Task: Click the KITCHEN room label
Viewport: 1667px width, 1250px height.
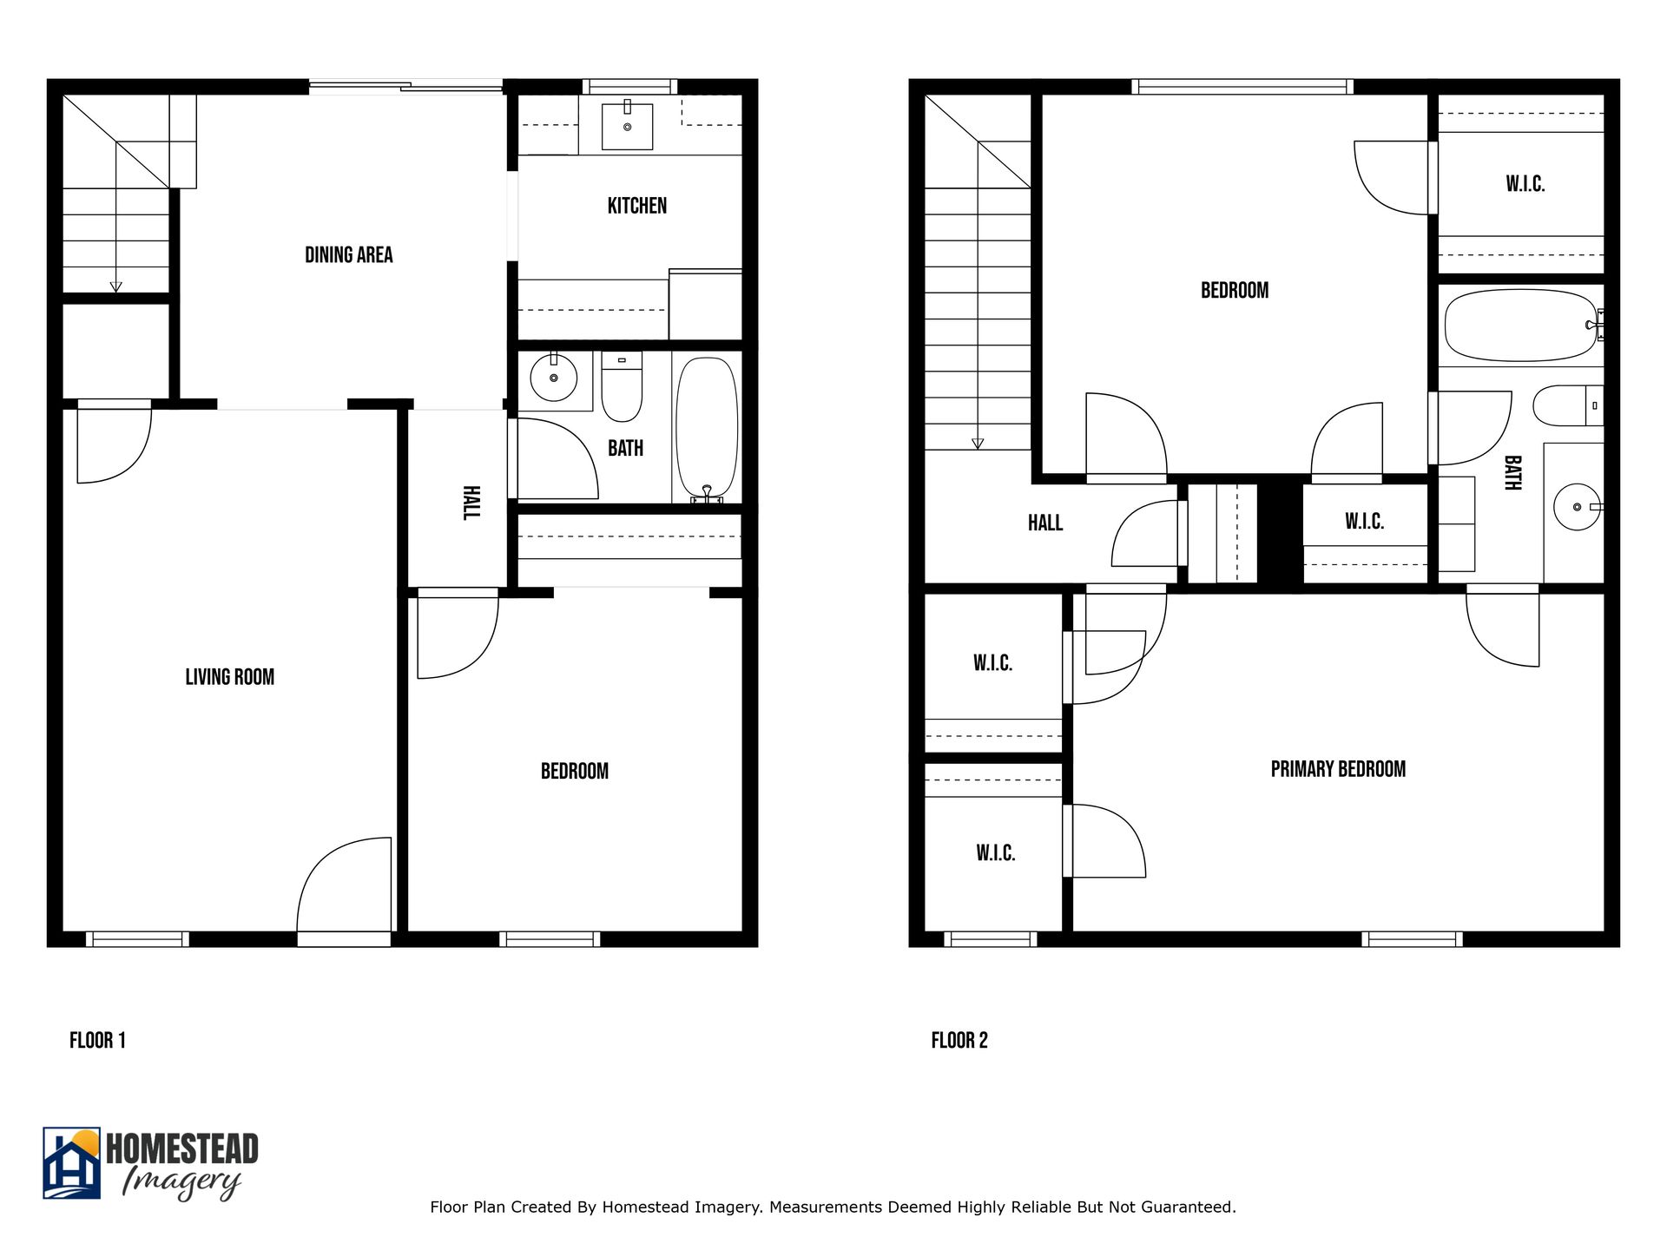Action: tap(636, 206)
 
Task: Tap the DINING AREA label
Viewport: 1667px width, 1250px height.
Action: tap(348, 254)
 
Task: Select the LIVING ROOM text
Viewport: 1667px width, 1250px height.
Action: tap(229, 677)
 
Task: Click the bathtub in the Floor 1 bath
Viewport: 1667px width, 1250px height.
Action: tap(707, 428)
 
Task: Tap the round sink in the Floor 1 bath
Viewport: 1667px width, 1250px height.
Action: tap(553, 378)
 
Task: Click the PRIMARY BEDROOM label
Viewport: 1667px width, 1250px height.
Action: tap(1337, 769)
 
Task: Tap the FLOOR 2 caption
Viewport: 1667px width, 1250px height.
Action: tap(959, 1040)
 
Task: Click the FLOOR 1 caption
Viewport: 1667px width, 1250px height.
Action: tap(97, 1040)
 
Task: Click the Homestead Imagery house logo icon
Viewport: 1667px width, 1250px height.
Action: tap(72, 1163)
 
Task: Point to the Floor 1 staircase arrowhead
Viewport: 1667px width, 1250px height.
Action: tap(115, 287)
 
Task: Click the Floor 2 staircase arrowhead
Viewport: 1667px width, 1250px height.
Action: tap(978, 444)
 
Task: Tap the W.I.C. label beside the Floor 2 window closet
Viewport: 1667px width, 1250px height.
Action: tap(995, 852)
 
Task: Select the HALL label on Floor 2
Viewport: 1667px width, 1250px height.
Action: tap(1044, 523)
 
